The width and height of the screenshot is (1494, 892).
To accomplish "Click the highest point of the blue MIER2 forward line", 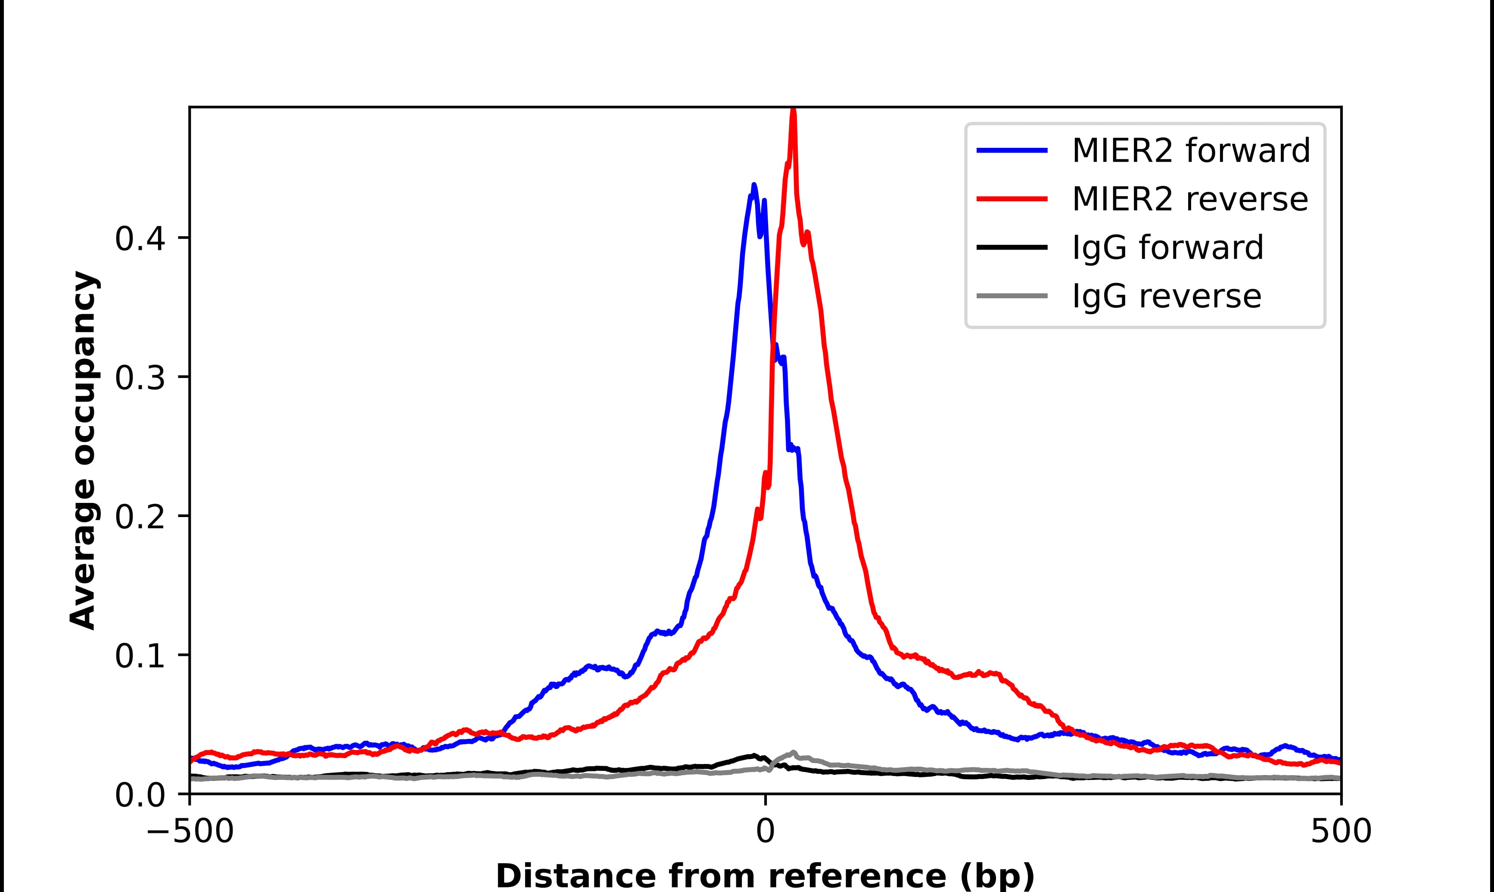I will pyautogui.click(x=754, y=186).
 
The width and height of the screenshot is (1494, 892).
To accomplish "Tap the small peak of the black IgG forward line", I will pyautogui.click(x=753, y=755).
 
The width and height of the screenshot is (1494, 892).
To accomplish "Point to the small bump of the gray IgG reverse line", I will pyautogui.click(x=793, y=752).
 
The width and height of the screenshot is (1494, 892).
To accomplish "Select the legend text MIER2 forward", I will pyautogui.click(x=1191, y=150).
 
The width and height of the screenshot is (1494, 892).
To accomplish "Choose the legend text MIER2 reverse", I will pyautogui.click(x=1189, y=199).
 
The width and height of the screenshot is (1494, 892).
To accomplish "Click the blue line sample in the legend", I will pyautogui.click(x=1012, y=150).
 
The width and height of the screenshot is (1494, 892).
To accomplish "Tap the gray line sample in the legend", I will pyautogui.click(x=1012, y=296).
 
